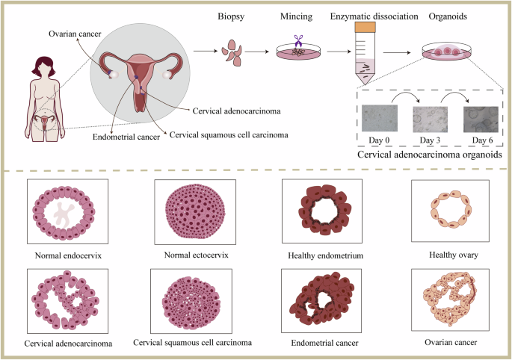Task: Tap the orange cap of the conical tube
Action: click(x=366, y=27)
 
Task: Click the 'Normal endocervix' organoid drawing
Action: click(x=61, y=212)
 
